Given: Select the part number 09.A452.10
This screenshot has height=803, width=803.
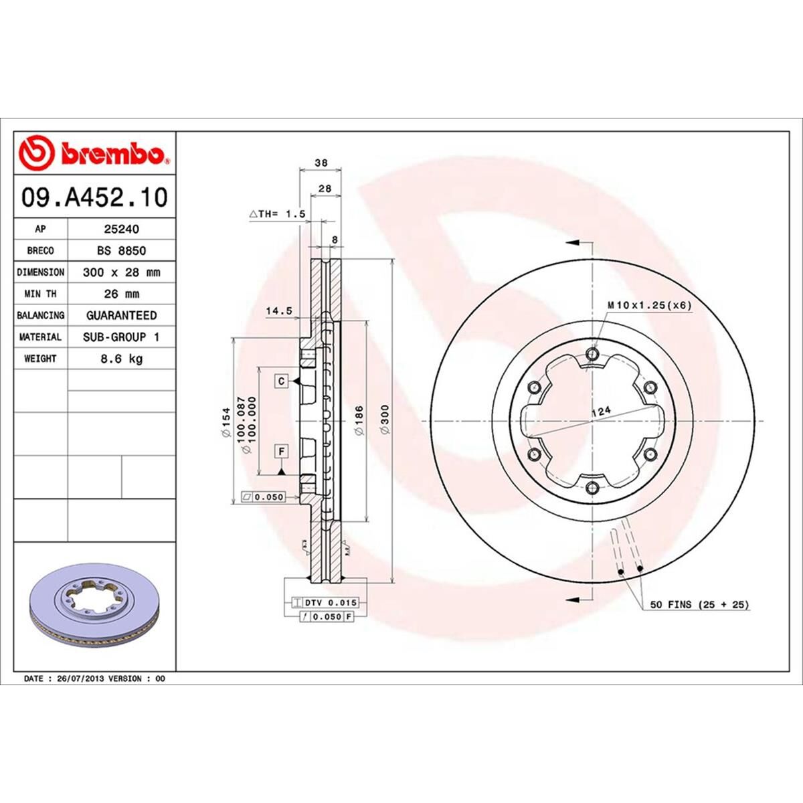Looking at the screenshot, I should [94, 197].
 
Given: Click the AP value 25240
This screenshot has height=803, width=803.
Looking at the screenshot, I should [121, 229].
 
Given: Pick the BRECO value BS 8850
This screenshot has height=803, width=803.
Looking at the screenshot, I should [121, 250].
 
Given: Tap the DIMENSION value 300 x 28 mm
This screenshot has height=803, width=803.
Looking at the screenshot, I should [121, 272].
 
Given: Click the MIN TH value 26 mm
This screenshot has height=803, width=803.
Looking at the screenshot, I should [121, 294].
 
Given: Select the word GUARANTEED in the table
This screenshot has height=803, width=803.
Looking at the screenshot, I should [121, 315].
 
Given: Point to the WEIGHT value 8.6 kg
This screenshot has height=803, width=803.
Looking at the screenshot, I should [121, 359].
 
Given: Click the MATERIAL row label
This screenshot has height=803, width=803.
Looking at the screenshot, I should [40, 337].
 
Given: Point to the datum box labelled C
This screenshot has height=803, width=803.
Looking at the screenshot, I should [282, 381].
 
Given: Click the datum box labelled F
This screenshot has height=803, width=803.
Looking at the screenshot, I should [282, 452].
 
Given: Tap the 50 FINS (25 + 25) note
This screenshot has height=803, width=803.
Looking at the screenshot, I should [699, 605].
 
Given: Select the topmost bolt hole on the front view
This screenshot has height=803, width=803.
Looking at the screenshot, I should [590, 354].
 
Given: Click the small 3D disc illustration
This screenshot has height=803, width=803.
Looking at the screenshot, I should [94, 602].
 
